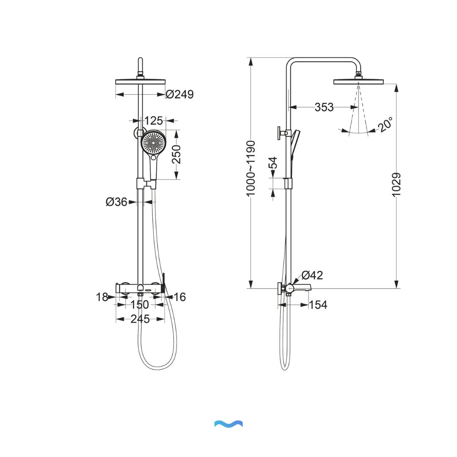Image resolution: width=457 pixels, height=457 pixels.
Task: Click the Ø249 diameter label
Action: click(x=179, y=94)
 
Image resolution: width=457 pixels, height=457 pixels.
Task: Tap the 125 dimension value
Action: click(x=154, y=121)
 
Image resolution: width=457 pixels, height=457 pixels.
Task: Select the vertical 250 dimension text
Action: click(x=176, y=154)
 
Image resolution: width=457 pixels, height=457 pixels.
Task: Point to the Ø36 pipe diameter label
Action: click(x=117, y=202)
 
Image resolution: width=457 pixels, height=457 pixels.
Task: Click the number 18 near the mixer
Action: click(x=102, y=297)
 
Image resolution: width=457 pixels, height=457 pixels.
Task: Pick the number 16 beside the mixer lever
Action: click(x=179, y=297)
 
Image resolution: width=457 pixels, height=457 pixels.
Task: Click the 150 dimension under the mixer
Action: click(x=140, y=305)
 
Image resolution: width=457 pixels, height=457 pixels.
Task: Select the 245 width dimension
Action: click(x=140, y=319)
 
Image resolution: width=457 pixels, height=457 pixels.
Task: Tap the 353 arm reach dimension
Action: click(x=324, y=107)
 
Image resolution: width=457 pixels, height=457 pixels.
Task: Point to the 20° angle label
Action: click(x=385, y=125)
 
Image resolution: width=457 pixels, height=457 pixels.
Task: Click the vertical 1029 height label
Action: click(x=396, y=185)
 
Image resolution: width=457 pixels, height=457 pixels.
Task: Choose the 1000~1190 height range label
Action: click(x=251, y=168)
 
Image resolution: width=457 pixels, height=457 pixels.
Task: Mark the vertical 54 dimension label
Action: click(x=273, y=163)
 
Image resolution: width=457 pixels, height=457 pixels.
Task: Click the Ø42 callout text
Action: click(x=312, y=275)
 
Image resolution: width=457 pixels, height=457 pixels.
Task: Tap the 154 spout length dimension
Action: click(x=318, y=305)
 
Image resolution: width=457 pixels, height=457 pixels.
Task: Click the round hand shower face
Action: click(x=154, y=143)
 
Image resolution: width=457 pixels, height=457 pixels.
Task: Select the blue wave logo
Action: click(x=228, y=424)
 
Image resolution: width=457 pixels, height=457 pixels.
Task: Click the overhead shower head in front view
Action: click(x=140, y=82)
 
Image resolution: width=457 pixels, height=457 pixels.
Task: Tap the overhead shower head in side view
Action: click(x=358, y=81)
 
